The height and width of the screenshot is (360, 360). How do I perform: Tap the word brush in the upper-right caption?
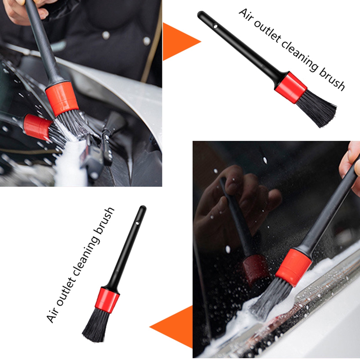[332, 78]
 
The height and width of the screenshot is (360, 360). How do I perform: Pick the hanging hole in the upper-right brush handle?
[215, 26]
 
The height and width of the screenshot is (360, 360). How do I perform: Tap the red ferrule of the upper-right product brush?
[291, 87]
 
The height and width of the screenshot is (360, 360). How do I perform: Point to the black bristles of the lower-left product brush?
[96, 325]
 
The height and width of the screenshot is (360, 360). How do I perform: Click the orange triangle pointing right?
[181, 42]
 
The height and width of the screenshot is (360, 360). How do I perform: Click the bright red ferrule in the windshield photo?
[294, 268]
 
